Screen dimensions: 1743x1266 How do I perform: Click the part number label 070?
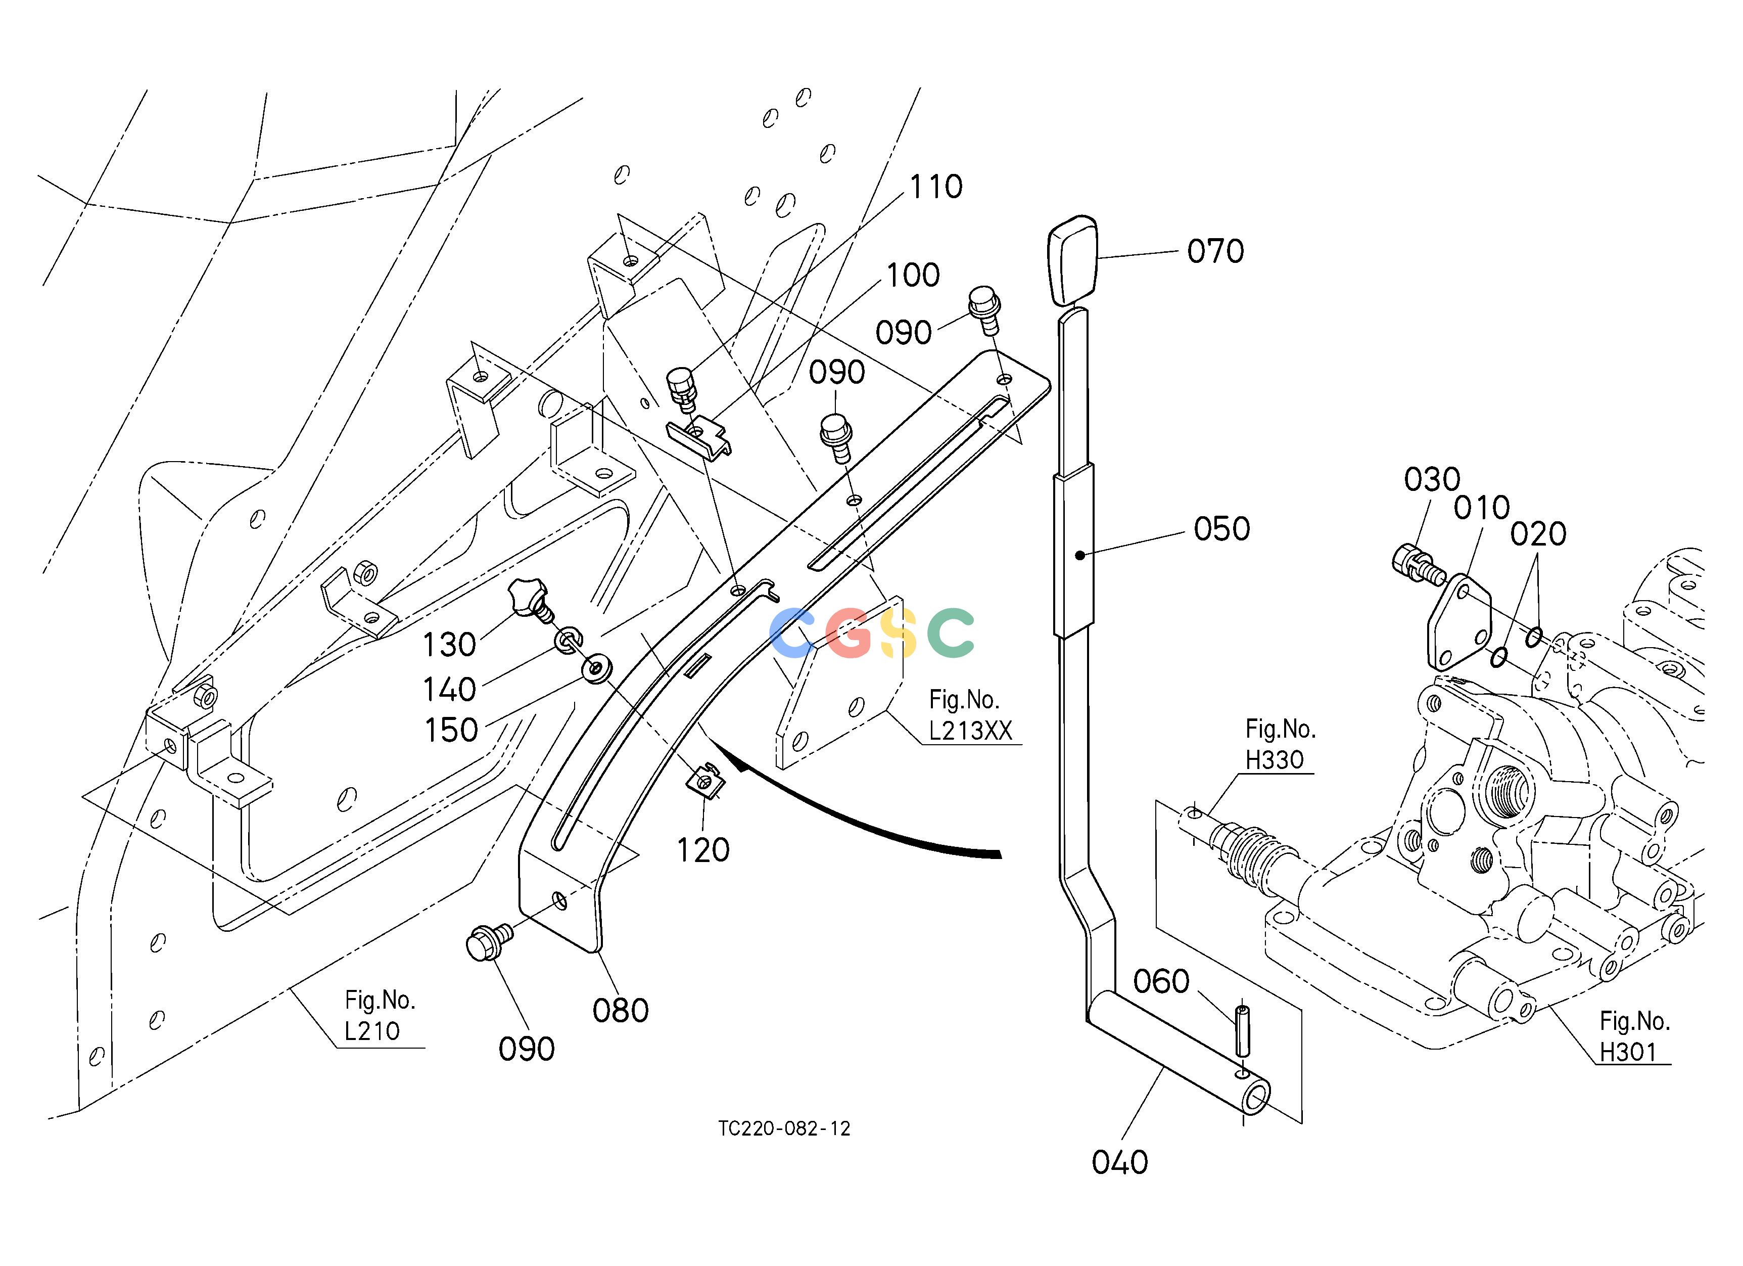(1215, 251)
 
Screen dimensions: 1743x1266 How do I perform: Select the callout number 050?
(1221, 529)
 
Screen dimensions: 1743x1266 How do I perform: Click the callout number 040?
(1120, 1162)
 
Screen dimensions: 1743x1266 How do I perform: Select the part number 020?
(1538, 533)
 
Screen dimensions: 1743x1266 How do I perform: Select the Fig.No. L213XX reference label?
(970, 715)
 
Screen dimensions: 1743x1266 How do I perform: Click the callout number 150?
(451, 730)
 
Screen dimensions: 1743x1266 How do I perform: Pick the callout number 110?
(935, 187)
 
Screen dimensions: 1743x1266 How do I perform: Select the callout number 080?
(620, 1011)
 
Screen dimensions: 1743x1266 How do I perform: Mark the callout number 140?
(450, 690)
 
